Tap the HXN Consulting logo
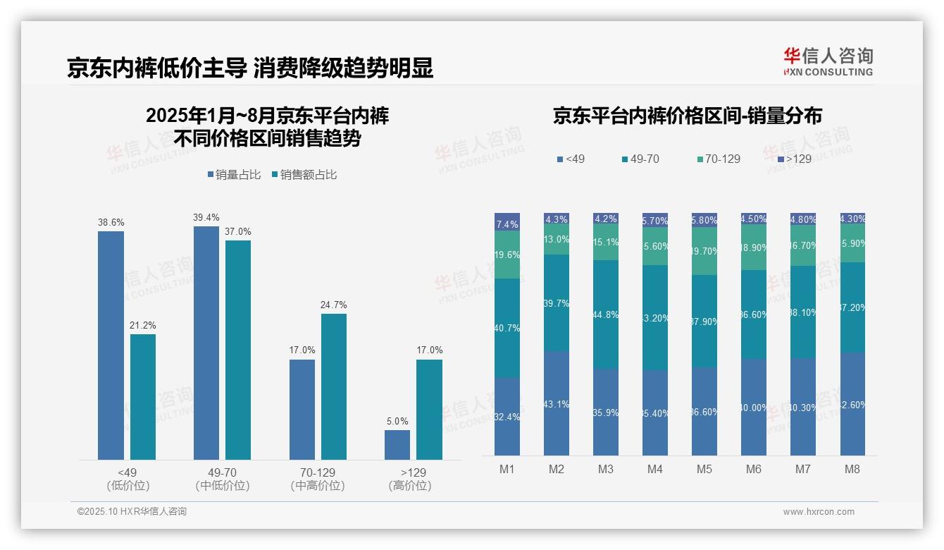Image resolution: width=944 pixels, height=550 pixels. pos(828,62)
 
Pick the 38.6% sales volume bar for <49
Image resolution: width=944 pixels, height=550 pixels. pos(111,346)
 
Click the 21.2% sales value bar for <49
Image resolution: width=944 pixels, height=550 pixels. pos(143,397)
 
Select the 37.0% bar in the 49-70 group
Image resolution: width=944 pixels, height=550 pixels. pos(238,350)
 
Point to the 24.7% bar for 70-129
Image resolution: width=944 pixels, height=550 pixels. pos(334,387)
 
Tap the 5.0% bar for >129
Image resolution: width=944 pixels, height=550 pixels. pos(397,445)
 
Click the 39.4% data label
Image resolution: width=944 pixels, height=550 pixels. pos(206,217)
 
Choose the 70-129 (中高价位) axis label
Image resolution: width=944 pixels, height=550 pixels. pos(318,479)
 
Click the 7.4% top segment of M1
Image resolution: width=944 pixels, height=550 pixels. pos(507,222)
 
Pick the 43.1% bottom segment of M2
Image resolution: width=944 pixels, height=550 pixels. pos(557,403)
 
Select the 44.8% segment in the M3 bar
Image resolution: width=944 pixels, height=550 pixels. pos(606,314)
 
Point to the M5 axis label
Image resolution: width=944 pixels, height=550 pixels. pos(704,469)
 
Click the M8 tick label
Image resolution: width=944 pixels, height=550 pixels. pos(852,469)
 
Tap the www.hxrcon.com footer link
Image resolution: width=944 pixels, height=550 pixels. pos(818,512)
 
